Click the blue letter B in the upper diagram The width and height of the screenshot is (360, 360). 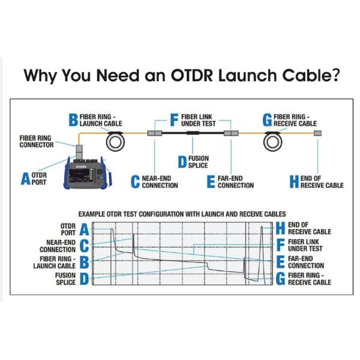[x=73, y=119]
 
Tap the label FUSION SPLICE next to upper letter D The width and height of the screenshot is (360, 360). [x=198, y=162]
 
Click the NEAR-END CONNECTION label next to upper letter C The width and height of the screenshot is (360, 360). [x=159, y=182]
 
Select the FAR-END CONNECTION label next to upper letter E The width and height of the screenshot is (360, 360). [x=235, y=182]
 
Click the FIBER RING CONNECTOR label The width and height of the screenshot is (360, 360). [x=37, y=141]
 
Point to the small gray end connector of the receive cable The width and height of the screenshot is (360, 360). [x=317, y=133]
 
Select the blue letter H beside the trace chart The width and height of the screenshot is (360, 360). [x=280, y=228]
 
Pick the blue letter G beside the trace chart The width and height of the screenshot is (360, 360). [x=280, y=278]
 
